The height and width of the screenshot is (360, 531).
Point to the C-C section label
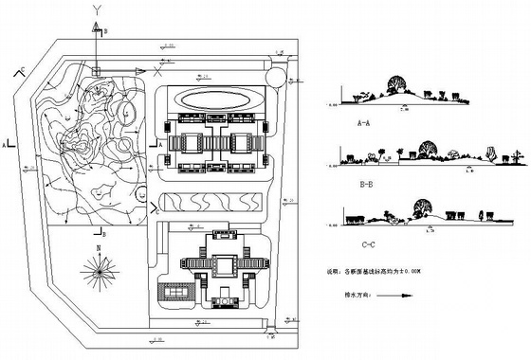358,241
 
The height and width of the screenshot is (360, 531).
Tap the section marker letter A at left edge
7,145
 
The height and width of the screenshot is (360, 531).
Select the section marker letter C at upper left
21,69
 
